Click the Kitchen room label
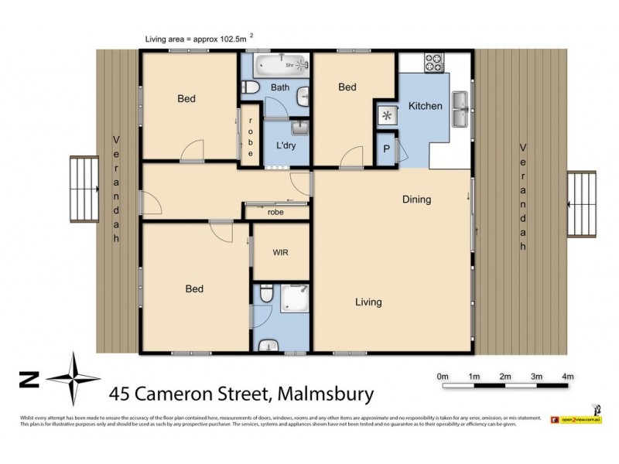coord(425,106)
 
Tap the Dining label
coord(416,200)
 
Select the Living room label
coord(368,302)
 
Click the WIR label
coord(280,252)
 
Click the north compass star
coord(74,379)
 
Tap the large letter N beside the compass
coord(29,379)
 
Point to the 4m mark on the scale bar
coord(567,377)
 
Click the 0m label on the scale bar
coord(443,377)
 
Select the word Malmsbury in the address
coord(320,394)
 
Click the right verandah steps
coord(584,206)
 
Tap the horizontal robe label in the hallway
coord(275,211)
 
